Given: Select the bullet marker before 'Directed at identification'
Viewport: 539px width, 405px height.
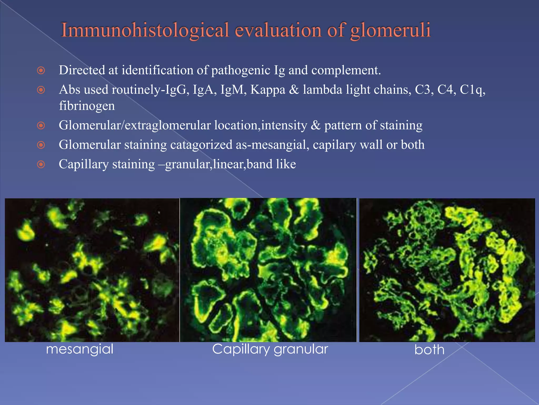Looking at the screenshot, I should click(41, 70).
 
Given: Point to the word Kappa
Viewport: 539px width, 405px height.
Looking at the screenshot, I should click(268, 90).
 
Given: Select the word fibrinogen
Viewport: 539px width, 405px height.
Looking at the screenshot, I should click(87, 106).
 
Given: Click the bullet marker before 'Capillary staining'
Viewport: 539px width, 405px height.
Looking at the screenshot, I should click(41, 165).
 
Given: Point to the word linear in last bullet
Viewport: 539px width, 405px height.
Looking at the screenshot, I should click(229, 164).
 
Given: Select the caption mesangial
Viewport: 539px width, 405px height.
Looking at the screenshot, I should click(79, 349).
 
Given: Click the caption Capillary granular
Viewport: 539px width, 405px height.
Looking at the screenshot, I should click(270, 349).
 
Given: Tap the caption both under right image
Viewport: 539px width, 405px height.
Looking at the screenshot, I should click(429, 350).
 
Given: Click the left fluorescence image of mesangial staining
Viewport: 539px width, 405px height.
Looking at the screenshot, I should click(92, 270).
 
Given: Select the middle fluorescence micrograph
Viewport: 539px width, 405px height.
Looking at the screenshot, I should click(268, 270).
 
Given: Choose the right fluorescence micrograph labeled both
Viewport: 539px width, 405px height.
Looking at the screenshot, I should click(447, 270).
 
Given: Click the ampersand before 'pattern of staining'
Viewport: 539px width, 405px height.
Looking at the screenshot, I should click(316, 125).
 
